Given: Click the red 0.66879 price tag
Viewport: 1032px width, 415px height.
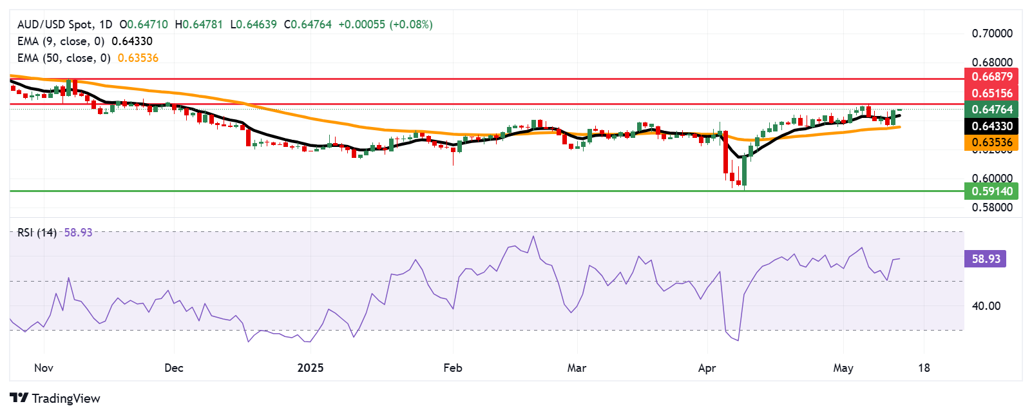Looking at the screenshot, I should [x=991, y=77].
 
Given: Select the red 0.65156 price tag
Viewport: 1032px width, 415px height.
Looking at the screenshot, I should [x=991, y=93].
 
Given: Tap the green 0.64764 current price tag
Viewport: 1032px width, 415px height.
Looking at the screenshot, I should [x=991, y=110].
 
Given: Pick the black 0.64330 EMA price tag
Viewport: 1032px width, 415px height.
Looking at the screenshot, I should [x=991, y=126].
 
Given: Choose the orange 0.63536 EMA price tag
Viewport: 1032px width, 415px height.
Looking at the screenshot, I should [x=991, y=142].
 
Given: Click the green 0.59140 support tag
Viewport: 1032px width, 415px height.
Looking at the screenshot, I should [x=991, y=191].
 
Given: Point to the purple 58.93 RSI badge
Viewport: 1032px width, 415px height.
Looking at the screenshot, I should [x=985, y=259].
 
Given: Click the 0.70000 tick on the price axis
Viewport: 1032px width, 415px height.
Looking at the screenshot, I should [x=992, y=34].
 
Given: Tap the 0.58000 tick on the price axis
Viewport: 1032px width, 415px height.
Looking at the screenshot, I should [x=992, y=207].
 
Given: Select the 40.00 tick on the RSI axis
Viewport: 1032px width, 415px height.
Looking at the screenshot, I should [x=986, y=306].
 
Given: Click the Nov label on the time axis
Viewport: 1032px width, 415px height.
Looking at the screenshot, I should [x=44, y=368].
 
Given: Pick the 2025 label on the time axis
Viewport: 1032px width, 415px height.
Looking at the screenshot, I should [x=311, y=368].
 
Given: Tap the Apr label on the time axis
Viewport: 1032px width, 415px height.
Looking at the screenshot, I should [x=707, y=368].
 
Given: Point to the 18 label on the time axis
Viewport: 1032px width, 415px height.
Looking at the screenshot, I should [x=924, y=368].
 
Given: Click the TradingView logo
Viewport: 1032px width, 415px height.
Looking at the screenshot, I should [x=55, y=398].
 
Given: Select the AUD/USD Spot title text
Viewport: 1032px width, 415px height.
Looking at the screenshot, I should [x=55, y=24].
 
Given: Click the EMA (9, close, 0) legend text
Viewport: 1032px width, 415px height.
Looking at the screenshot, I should [x=61, y=41].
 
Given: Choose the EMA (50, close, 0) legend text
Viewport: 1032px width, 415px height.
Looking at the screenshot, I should [x=64, y=58].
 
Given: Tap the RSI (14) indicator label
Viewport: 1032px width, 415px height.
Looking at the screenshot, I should [x=37, y=233].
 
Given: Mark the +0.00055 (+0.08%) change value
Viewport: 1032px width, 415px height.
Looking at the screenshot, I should [x=385, y=24].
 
